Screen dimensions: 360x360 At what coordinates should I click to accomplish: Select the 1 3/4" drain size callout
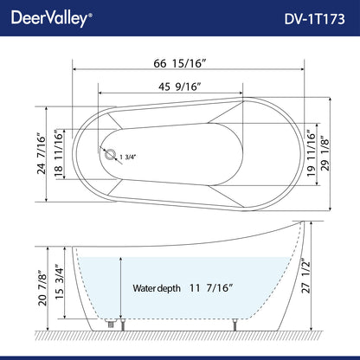coord(132,157)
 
